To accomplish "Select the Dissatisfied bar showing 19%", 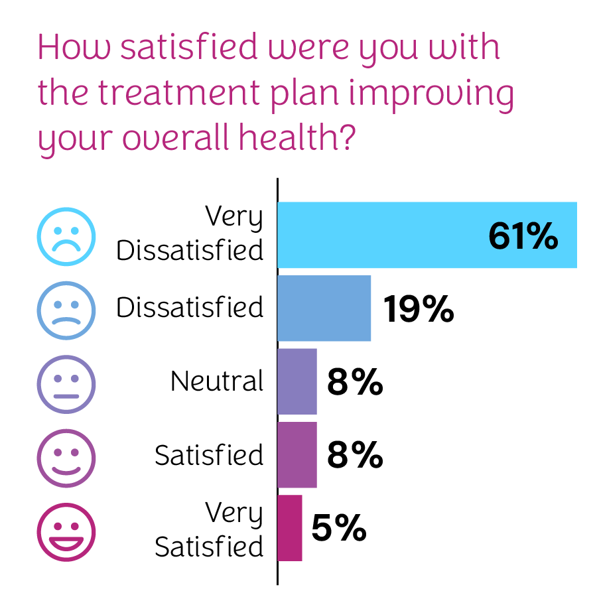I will (324, 308).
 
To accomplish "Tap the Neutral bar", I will (297, 381).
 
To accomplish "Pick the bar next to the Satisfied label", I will (297, 455).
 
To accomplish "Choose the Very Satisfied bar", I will (289, 528).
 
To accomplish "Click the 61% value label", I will (523, 236).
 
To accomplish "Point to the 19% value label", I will (419, 309).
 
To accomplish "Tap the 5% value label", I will (338, 529).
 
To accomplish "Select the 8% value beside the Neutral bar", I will (354, 382).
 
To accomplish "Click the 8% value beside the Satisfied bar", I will (354, 456).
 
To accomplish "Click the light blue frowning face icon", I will (66, 236).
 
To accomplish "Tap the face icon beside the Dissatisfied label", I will (66, 310).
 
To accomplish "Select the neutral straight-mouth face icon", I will (66, 383).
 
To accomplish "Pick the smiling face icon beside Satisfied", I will (66, 457).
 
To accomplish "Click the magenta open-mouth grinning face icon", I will (66, 531).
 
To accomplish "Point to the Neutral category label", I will (217, 381).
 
